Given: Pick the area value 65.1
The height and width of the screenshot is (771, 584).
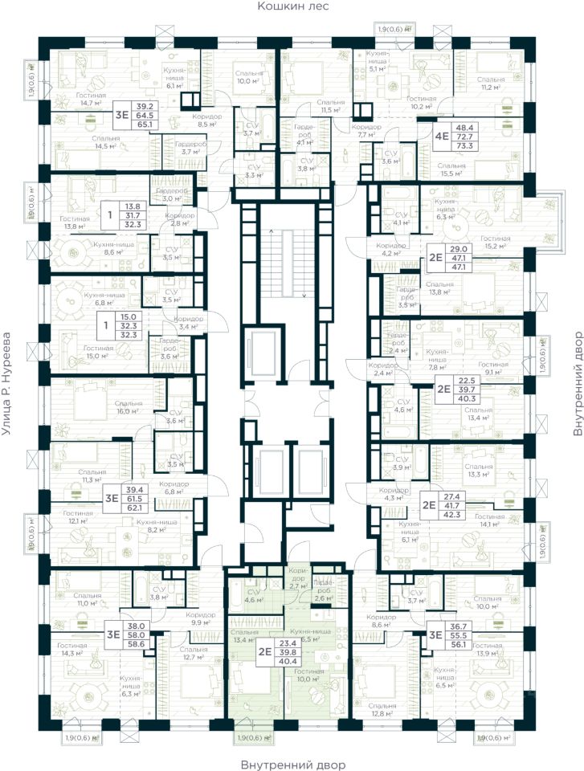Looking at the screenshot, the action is [145, 124].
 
